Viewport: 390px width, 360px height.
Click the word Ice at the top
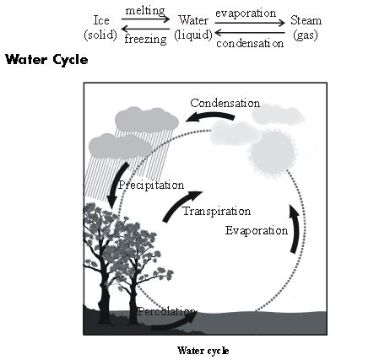(x=100, y=20)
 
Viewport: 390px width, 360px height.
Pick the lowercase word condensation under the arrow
(x=249, y=41)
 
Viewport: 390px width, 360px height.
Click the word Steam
(x=305, y=20)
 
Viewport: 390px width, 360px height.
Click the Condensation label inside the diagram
(x=225, y=103)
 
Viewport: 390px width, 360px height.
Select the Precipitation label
(x=151, y=184)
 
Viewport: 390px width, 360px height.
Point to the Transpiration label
(x=217, y=211)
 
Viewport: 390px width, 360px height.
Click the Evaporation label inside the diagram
(x=257, y=229)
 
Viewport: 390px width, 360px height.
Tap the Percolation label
(x=167, y=311)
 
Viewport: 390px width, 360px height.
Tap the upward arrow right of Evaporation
(x=294, y=232)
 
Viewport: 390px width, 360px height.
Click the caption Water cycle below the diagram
(x=203, y=350)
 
